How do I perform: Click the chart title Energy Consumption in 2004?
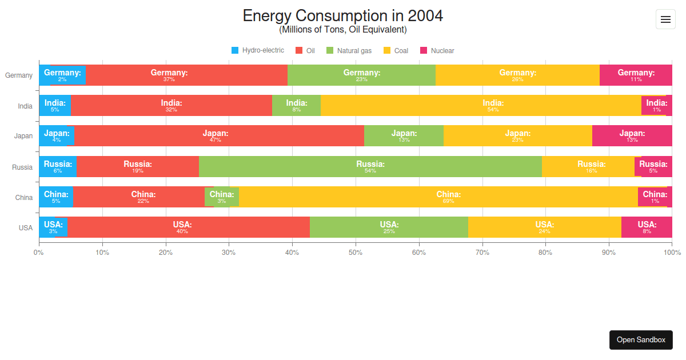pyautogui.click(x=342, y=15)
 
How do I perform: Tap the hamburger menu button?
pyautogui.click(x=665, y=19)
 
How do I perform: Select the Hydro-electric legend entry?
pyautogui.click(x=257, y=50)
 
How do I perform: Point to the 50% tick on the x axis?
pyautogui.click(x=356, y=252)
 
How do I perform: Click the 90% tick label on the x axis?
pyautogui.click(x=609, y=252)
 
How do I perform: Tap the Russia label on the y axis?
pyautogui.click(x=22, y=167)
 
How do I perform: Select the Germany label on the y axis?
pyautogui.click(x=19, y=75)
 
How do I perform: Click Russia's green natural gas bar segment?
pyautogui.click(x=370, y=166)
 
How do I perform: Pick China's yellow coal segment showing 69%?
pyautogui.click(x=438, y=197)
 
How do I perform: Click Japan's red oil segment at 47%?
pyautogui.click(x=218, y=136)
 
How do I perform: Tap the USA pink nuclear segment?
pyautogui.click(x=647, y=227)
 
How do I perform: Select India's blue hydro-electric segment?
pyautogui.click(x=55, y=105)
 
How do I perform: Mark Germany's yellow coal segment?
pyautogui.click(x=517, y=75)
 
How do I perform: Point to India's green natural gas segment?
pyautogui.click(x=296, y=105)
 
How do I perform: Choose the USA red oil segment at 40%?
pyautogui.click(x=188, y=227)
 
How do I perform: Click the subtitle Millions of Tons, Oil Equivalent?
pyautogui.click(x=342, y=30)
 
